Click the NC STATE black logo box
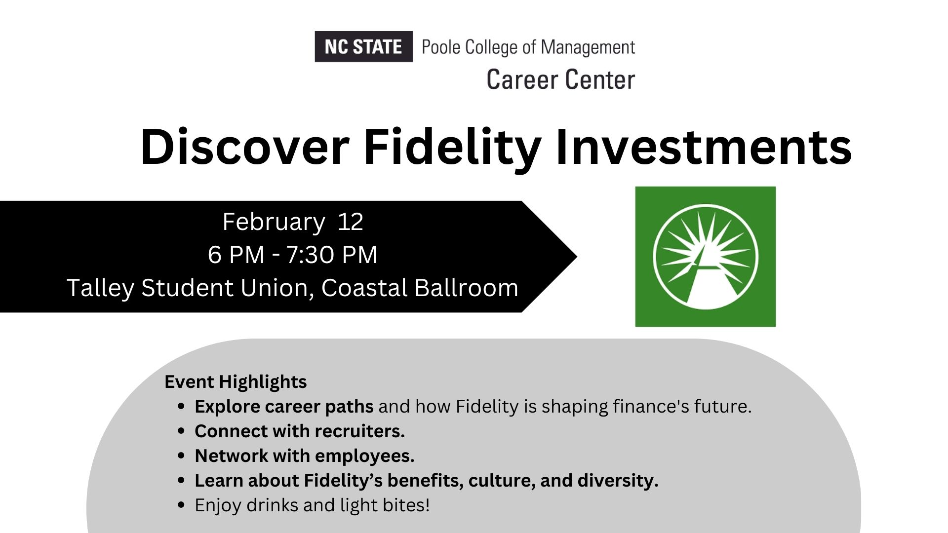click(363, 46)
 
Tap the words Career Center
click(560, 80)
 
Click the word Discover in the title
click(245, 147)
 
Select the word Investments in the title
click(704, 147)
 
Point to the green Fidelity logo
click(705, 257)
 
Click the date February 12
click(293, 222)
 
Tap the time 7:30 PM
click(332, 255)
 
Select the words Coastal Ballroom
click(420, 288)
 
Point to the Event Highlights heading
click(236, 382)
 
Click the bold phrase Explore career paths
click(284, 407)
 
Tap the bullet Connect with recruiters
click(300, 431)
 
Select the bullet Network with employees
click(305, 456)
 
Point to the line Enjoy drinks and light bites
click(312, 505)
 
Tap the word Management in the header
click(588, 48)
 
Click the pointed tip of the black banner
click(577, 256)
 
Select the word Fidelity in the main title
click(452, 147)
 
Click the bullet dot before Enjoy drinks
click(181, 505)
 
